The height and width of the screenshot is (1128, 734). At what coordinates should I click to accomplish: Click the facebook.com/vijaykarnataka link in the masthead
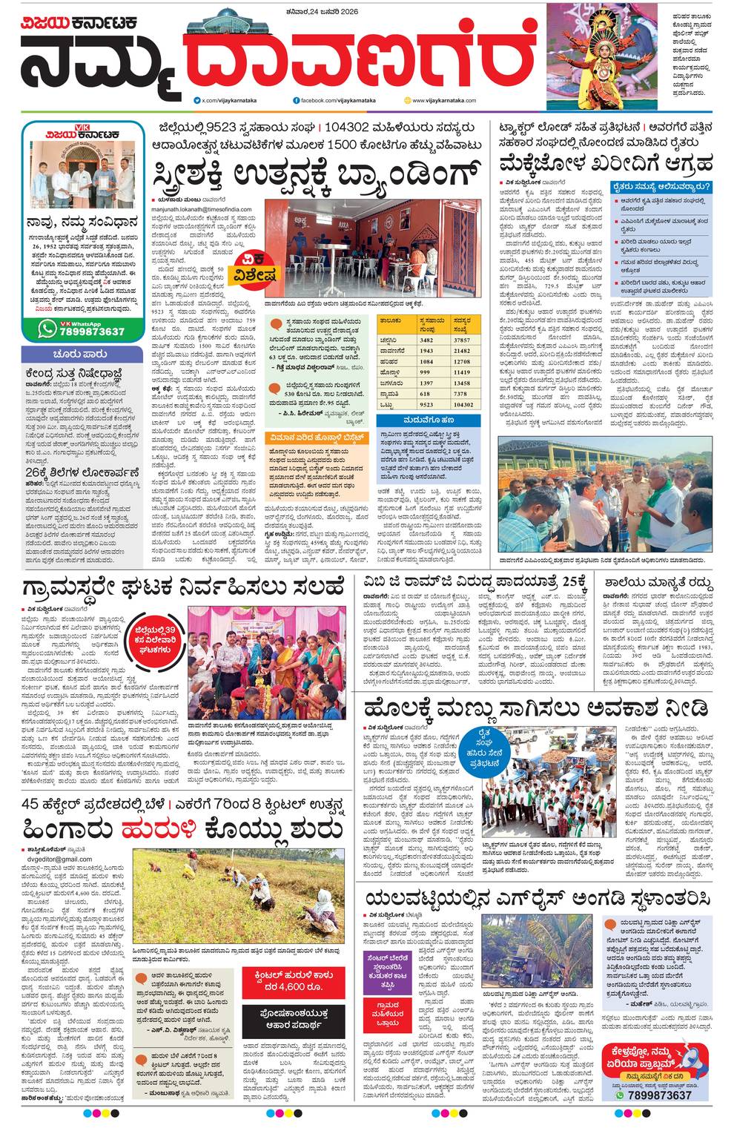click(335, 99)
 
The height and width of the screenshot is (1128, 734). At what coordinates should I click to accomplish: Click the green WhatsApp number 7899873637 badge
click(82, 331)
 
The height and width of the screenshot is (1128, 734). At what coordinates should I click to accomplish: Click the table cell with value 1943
click(426, 350)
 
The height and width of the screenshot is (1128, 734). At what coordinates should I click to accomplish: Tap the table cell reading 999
click(426, 372)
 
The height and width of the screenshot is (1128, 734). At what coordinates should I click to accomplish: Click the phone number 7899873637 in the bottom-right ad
click(658, 1095)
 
